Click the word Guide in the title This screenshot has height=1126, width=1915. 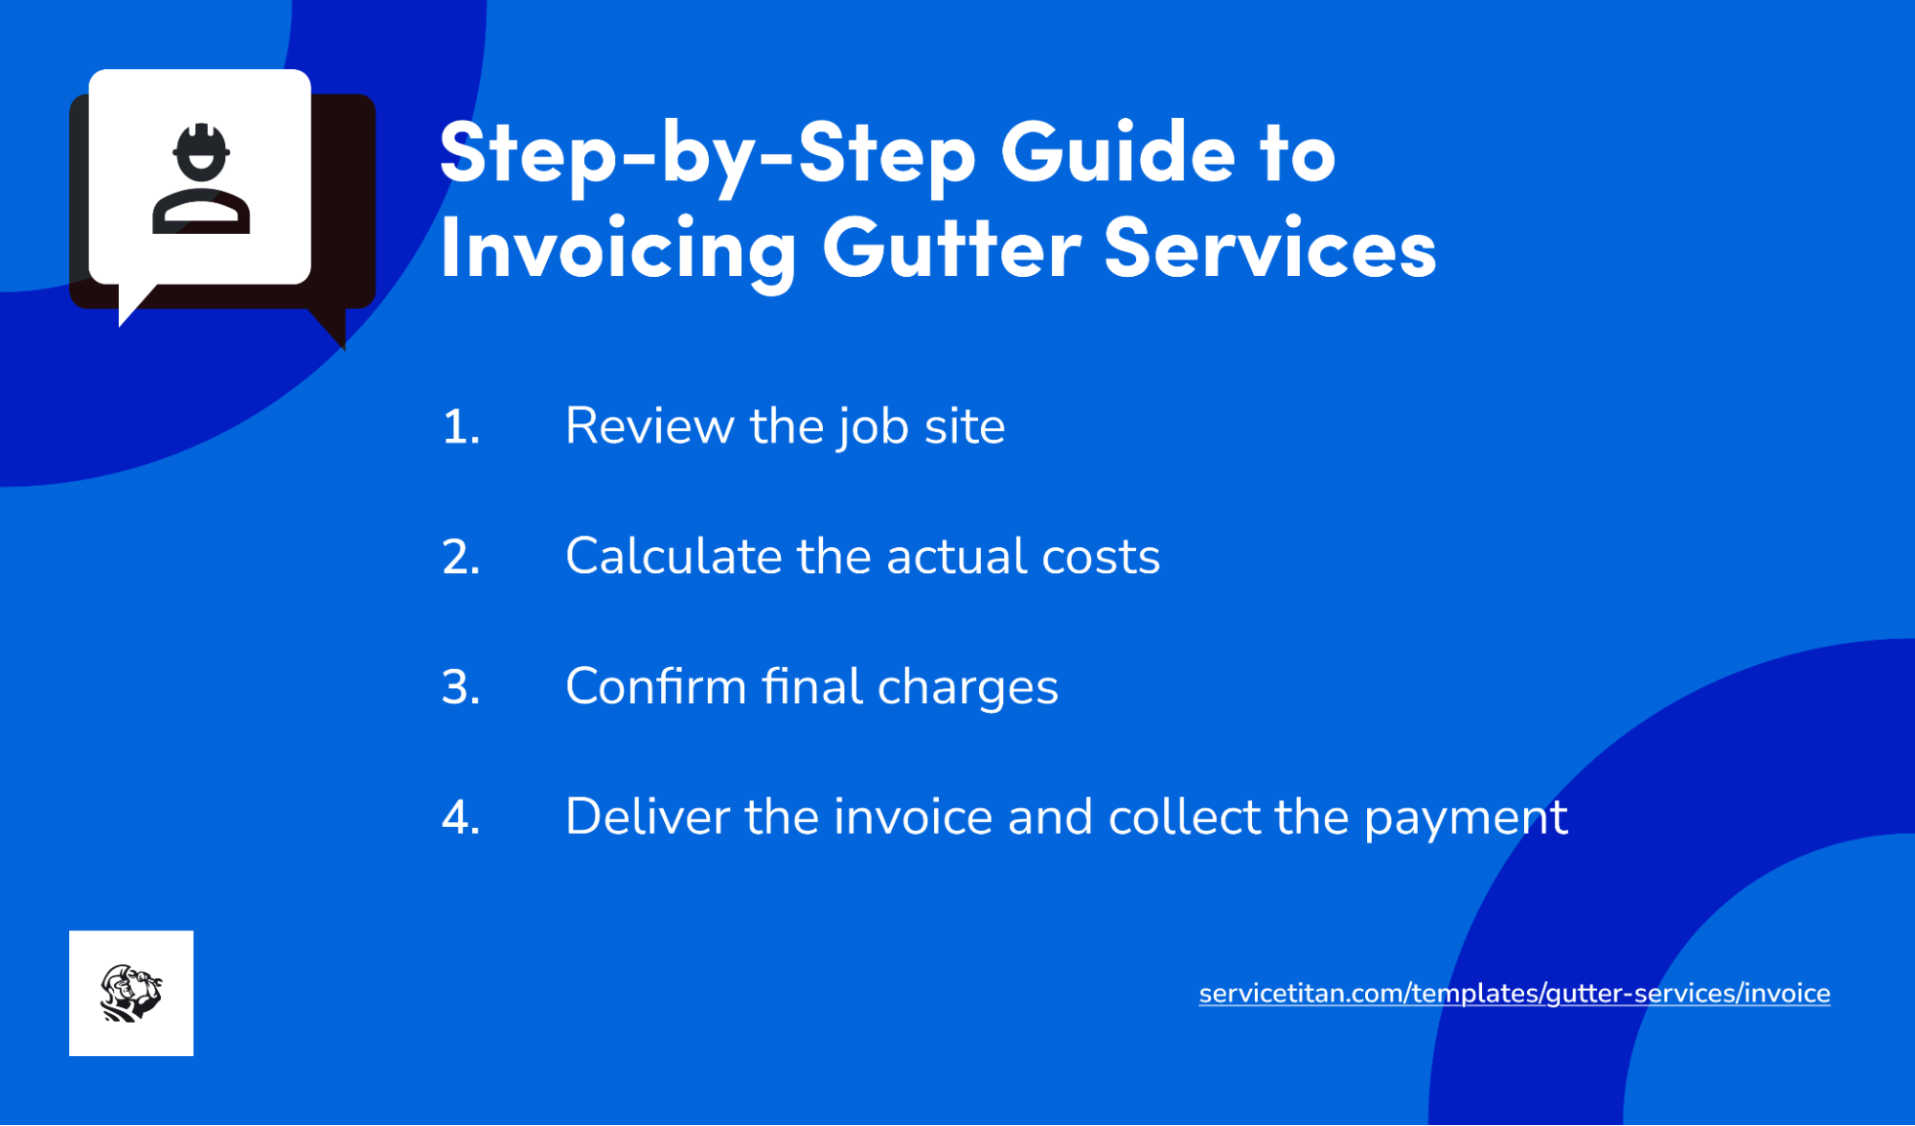(x=1118, y=153)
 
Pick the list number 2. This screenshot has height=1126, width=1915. (x=461, y=557)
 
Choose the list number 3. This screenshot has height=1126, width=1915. (x=461, y=687)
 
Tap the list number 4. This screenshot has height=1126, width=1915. (x=461, y=817)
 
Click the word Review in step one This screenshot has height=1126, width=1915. (x=649, y=426)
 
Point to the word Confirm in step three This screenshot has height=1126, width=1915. (x=655, y=687)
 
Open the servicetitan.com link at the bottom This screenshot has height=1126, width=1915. (x=1514, y=994)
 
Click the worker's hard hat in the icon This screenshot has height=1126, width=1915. (x=201, y=144)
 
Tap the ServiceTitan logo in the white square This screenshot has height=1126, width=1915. (x=131, y=993)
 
